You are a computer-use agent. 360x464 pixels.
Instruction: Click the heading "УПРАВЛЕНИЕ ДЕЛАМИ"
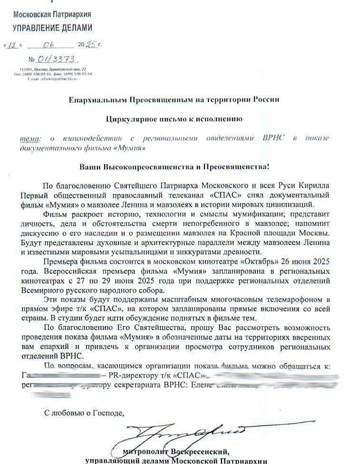tap(52, 28)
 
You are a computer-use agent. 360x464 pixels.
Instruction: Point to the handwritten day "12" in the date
tap(14, 46)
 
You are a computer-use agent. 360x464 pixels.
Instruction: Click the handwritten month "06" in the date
tap(49, 45)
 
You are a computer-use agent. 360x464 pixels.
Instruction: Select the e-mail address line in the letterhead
tap(52, 79)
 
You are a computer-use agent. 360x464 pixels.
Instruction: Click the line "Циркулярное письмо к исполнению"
tap(174, 118)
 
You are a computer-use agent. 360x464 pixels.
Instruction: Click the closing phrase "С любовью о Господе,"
tap(84, 412)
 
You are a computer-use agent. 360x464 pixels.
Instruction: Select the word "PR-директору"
tap(128, 376)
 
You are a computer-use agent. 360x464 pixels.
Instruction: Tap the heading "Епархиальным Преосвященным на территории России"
tap(174, 100)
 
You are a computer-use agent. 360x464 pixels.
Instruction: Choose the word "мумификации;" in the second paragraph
tap(252, 213)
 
